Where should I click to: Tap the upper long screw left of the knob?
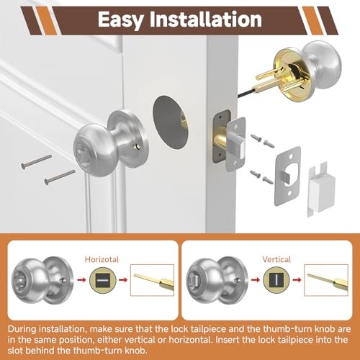click(36, 161)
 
